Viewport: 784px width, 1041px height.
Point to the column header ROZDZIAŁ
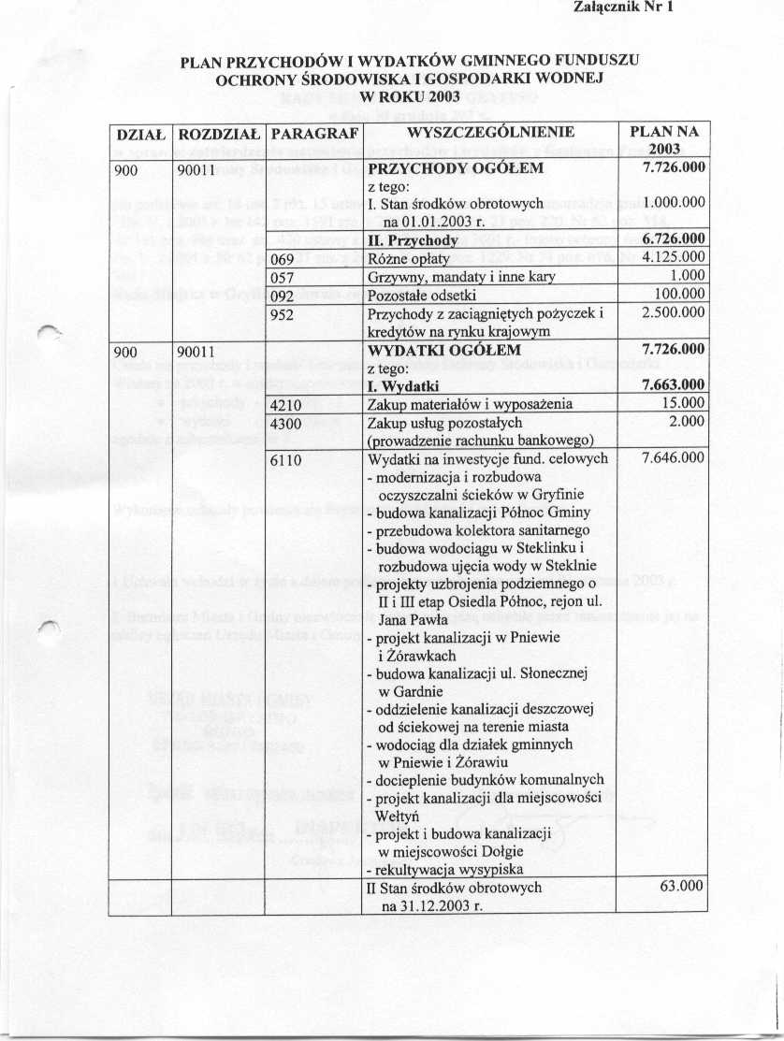(x=219, y=133)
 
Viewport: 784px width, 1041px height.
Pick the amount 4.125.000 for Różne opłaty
(x=669, y=259)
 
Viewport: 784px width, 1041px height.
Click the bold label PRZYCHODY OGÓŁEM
(x=456, y=169)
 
